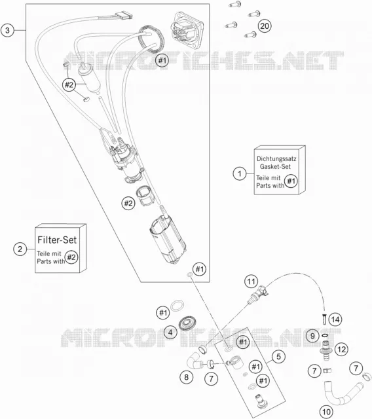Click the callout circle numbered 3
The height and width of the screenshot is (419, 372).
(7, 30)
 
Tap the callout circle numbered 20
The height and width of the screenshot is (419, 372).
(265, 26)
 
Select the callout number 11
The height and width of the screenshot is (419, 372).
(251, 282)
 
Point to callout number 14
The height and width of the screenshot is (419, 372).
(335, 319)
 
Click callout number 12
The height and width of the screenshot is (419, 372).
(341, 349)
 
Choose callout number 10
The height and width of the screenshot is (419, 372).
(327, 412)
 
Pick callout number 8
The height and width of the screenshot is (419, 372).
(186, 377)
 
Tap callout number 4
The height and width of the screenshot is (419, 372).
(170, 333)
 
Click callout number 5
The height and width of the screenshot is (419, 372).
(279, 356)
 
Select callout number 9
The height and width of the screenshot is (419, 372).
(312, 336)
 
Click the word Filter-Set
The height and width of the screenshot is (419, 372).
(57, 240)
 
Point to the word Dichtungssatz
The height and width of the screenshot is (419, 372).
(276, 158)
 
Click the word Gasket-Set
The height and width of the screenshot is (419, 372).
(275, 166)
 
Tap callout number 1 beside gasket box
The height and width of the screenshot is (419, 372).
(240, 173)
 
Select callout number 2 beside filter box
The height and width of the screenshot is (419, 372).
(20, 249)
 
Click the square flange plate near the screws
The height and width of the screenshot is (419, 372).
(187, 30)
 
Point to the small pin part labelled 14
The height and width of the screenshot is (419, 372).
(325, 319)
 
